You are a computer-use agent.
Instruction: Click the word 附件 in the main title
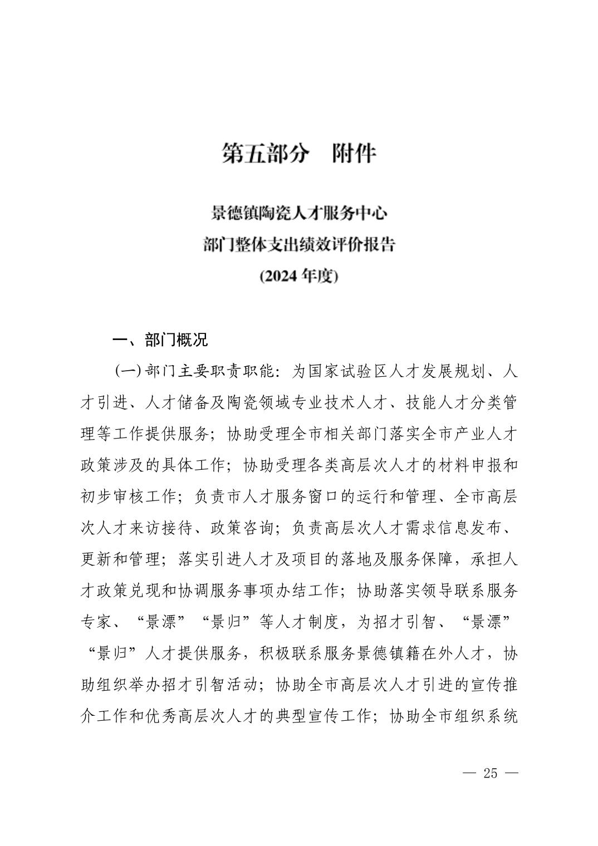point(355,154)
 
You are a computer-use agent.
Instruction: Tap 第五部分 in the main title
point(264,154)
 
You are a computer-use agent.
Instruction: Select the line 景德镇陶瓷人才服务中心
point(299,213)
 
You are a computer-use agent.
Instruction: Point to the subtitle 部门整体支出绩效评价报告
point(299,244)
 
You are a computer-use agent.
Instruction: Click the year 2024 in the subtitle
point(282,276)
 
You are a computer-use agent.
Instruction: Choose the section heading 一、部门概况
point(160,340)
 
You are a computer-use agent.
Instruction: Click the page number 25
point(490,773)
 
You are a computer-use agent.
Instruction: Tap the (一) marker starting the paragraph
point(127,371)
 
